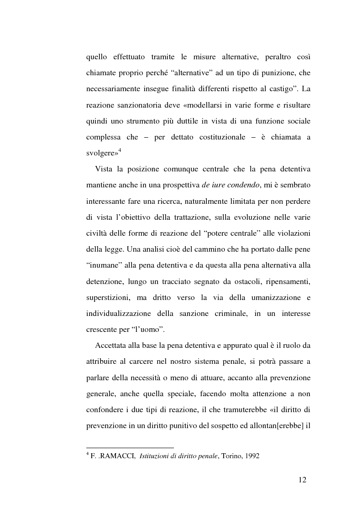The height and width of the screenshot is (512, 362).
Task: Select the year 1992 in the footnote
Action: click(252, 455)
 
